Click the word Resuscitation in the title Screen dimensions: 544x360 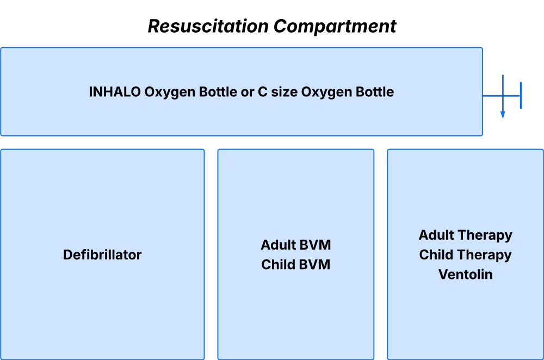[208, 26]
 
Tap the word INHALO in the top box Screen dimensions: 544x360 [115, 92]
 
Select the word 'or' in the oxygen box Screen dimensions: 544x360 [248, 92]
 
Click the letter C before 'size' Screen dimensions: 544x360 [263, 92]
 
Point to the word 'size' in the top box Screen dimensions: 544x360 [284, 92]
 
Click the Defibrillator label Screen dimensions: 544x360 [102, 255]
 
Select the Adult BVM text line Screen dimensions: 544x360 [296, 245]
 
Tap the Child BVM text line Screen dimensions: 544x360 [296, 265]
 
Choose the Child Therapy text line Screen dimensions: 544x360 [466, 256]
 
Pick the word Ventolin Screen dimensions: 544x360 [466, 274]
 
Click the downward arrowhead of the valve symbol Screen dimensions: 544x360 [503, 115]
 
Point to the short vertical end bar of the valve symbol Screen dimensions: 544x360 [521, 95]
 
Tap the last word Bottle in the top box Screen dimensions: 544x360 [375, 92]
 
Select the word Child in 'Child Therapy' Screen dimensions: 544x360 [434, 255]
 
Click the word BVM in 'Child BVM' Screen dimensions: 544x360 [315, 265]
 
